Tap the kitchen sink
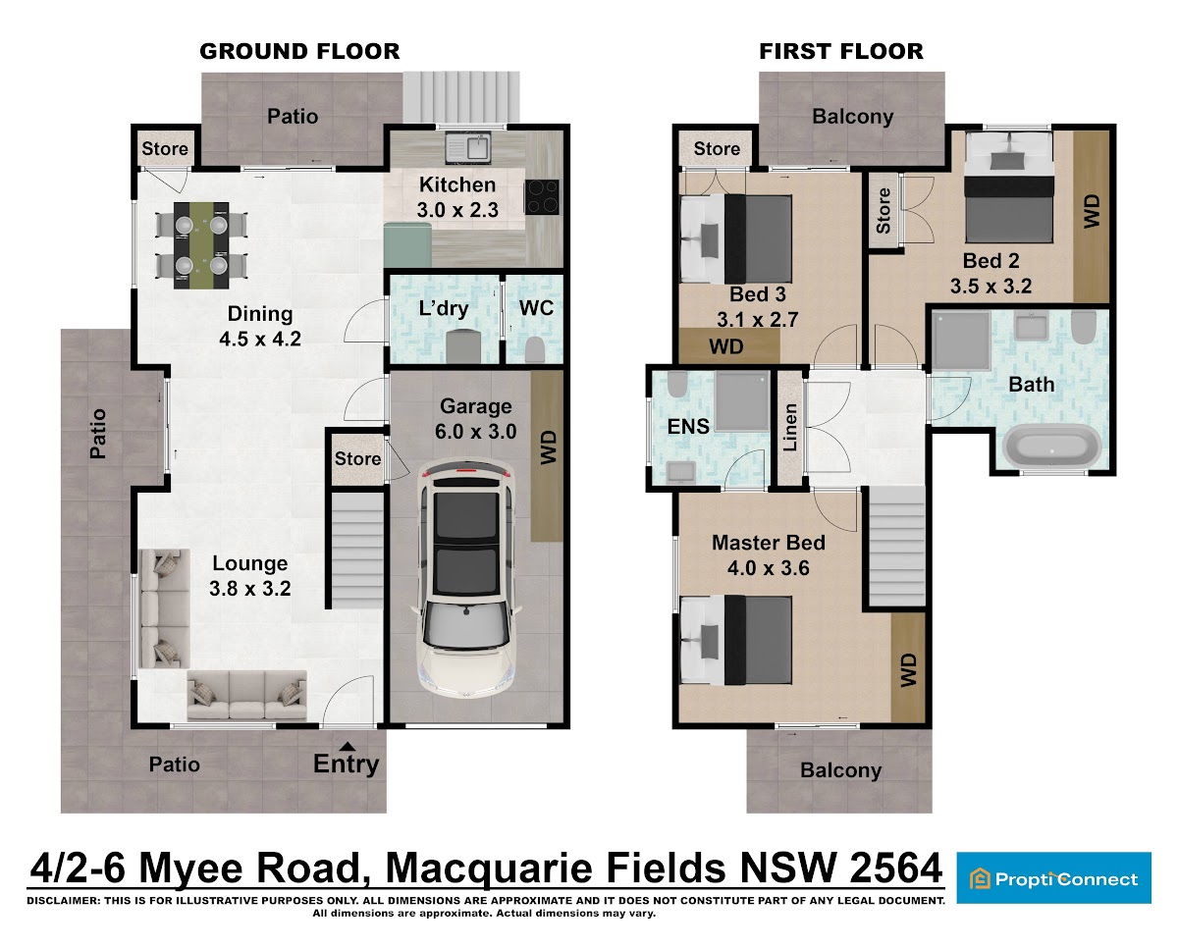(x=468, y=147)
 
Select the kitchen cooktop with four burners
(x=541, y=196)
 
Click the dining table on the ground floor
(x=201, y=244)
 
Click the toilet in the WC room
(x=534, y=348)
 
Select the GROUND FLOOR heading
(x=299, y=51)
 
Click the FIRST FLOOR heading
(x=841, y=51)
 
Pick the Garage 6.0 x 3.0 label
(x=476, y=419)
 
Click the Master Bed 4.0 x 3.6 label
(x=768, y=555)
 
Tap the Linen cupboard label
(x=790, y=428)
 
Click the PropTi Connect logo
(x=1053, y=879)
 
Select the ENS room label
(x=688, y=426)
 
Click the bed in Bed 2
(x=1009, y=186)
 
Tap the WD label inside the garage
(x=548, y=448)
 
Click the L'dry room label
(x=444, y=308)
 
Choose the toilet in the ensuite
(x=677, y=384)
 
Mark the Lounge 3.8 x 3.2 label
(x=250, y=576)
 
